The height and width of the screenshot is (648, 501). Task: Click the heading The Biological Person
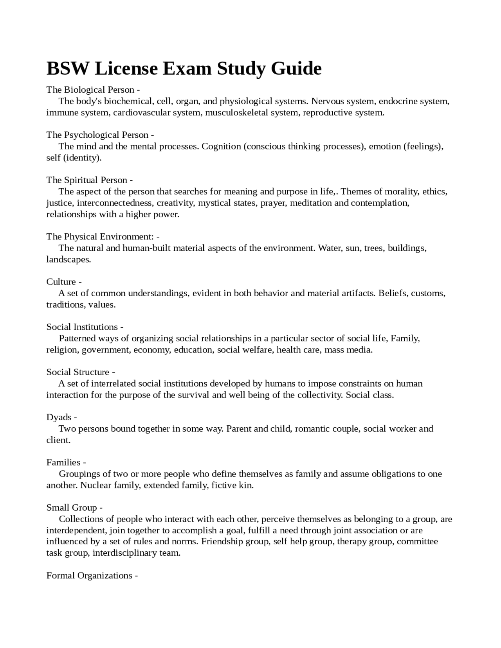point(90,90)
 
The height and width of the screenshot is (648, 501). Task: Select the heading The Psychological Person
point(97,135)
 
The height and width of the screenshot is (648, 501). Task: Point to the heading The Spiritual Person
point(87,180)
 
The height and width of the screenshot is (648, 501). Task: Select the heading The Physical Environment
point(100,237)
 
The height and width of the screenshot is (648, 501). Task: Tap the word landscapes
point(68,259)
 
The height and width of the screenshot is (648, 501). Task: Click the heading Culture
point(61,282)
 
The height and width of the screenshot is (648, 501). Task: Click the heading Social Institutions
point(82,327)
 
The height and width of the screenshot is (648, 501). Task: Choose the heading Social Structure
point(78,372)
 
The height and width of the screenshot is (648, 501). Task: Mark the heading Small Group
point(72,508)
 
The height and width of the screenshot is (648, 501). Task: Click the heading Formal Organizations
point(89,576)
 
